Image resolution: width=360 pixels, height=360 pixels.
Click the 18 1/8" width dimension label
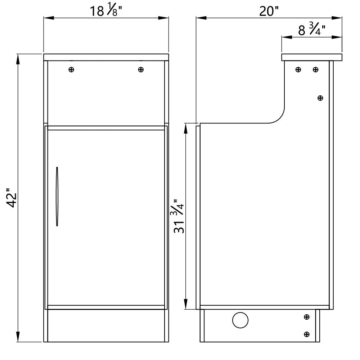tap(106, 10)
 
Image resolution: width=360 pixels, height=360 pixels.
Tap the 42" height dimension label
tap(11, 198)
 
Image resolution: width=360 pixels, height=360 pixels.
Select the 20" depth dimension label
tap(269, 11)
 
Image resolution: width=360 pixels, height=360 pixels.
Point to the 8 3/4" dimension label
tap(311, 30)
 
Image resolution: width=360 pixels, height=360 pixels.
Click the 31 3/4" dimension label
tap(179, 216)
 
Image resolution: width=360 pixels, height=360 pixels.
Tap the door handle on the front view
tap(57, 197)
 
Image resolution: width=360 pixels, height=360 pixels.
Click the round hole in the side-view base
tap(240, 320)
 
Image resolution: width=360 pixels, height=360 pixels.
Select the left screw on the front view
tap(71, 69)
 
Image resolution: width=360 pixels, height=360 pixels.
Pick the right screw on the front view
tap(141, 69)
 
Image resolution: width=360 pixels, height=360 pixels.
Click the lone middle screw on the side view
tap(320, 98)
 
